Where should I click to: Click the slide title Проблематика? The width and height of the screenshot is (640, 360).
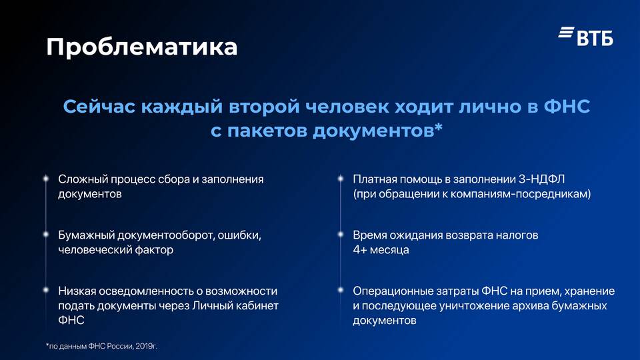tap(141, 47)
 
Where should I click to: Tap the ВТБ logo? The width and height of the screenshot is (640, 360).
tap(586, 36)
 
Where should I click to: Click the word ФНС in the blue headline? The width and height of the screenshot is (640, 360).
tap(567, 107)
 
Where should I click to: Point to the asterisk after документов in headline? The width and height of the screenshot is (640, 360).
tap(439, 128)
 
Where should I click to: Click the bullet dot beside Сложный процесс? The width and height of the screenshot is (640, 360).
tap(46, 179)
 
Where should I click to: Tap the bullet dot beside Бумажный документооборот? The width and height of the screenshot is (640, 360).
tap(46, 234)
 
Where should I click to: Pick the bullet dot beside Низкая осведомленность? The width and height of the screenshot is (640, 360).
tap(46, 290)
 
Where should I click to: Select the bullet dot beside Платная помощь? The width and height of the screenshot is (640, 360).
tap(341, 179)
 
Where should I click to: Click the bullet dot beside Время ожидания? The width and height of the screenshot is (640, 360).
tap(341, 234)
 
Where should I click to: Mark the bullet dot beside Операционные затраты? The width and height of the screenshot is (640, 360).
tap(341, 290)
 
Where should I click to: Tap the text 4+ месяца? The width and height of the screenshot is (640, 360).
tap(381, 250)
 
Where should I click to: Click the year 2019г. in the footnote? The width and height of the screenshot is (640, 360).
tap(146, 346)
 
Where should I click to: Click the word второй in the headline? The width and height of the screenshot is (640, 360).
tap(265, 107)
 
